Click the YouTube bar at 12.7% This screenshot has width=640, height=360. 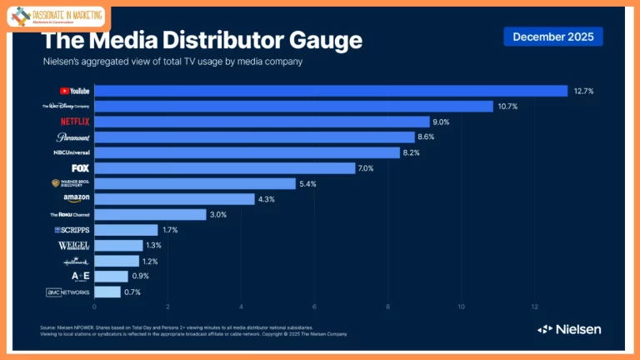pyautogui.click(x=330, y=91)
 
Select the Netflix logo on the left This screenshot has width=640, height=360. pyautogui.click(x=75, y=122)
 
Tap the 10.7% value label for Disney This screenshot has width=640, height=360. pyautogui.click(x=508, y=107)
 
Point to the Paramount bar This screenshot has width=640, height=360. pyautogui.click(x=254, y=137)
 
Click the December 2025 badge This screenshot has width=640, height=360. pyautogui.click(x=552, y=37)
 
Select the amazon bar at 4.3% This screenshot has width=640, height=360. pyautogui.click(x=174, y=199)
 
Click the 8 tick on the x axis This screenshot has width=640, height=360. pyautogui.click(x=388, y=307)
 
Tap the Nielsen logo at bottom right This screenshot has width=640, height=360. pyautogui.click(x=569, y=329)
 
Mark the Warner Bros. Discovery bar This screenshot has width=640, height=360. pyautogui.click(x=195, y=183)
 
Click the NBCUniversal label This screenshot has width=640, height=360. pyautogui.click(x=72, y=153)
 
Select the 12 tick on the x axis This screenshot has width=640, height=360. pyautogui.click(x=535, y=307)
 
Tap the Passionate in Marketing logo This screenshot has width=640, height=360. pyautogui.click(x=57, y=17)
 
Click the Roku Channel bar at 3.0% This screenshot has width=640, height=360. pyautogui.click(x=150, y=214)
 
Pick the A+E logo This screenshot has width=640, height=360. pyautogui.click(x=75, y=276)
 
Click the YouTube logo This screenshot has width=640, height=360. pyautogui.click(x=75, y=91)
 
